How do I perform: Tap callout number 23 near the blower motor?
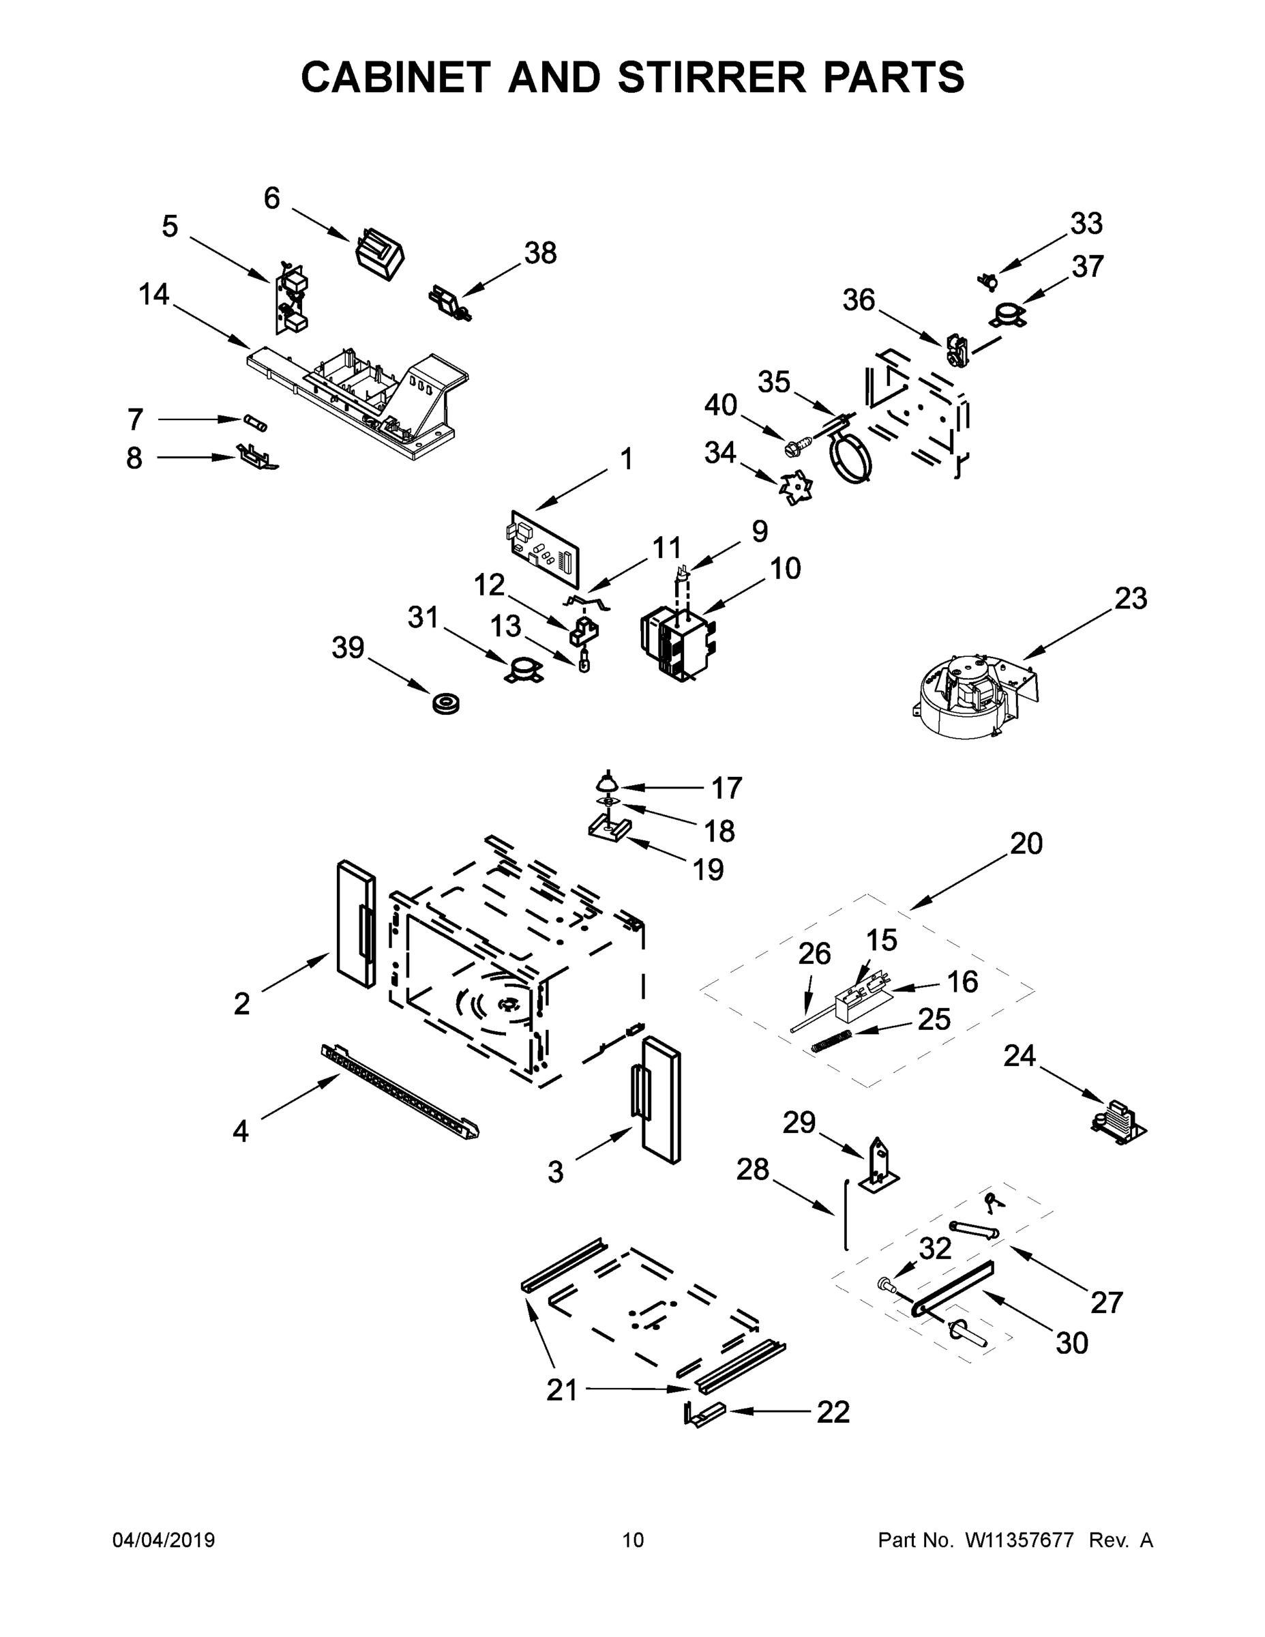pyautogui.click(x=1130, y=598)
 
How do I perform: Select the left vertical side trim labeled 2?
pyautogui.click(x=356, y=924)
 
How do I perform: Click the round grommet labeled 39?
pyautogui.click(x=446, y=704)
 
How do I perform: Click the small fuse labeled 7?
pyautogui.click(x=255, y=423)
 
